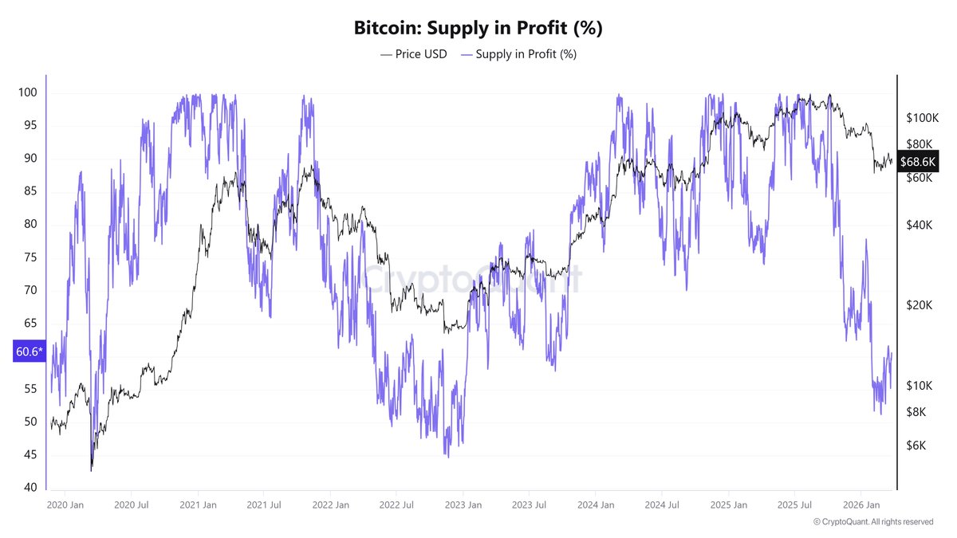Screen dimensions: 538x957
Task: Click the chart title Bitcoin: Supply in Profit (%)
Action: click(478, 28)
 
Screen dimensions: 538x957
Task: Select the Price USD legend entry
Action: click(414, 54)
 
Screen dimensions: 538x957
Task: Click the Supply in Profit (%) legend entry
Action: click(518, 54)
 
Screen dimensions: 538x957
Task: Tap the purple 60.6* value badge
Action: click(29, 351)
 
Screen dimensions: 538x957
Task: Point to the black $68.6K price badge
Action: click(917, 162)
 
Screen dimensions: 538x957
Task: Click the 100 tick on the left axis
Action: click(27, 92)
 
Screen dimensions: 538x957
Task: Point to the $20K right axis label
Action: click(919, 305)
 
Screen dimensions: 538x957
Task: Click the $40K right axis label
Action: click(919, 226)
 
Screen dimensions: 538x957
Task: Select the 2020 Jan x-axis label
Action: click(65, 505)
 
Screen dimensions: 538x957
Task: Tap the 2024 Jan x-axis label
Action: click(596, 505)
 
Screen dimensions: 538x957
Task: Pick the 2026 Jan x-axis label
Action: click(863, 505)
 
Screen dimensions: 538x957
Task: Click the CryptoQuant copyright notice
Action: click(873, 522)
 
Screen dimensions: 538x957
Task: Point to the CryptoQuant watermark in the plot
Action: click(471, 281)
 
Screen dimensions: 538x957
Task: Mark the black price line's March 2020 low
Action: click(91, 470)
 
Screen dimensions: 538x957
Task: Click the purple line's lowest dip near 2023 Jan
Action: click(447, 457)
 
